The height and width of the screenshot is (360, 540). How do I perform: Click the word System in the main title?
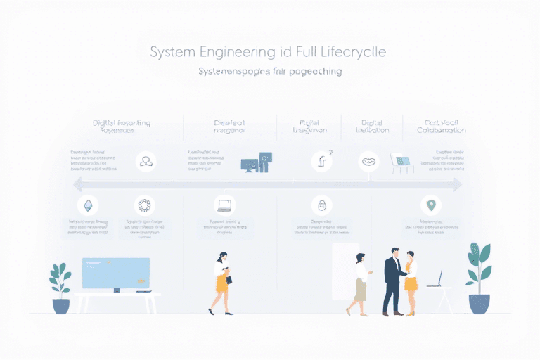tap(174, 53)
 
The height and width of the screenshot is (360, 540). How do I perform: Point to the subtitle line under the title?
tap(270, 72)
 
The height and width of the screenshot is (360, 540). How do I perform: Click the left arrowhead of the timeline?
tap(77, 184)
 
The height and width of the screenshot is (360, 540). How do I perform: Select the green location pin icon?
tap(430, 205)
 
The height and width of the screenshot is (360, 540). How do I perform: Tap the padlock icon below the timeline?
tap(321, 205)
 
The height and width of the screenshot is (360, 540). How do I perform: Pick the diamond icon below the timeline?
tap(88, 205)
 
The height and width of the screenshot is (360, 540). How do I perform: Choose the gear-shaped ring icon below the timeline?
tap(144, 205)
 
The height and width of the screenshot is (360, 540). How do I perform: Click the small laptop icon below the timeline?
tap(224, 205)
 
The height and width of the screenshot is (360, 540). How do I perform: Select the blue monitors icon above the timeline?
tap(256, 162)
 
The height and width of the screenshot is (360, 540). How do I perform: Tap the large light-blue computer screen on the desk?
tap(115, 274)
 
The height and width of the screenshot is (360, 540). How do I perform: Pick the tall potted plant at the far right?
tap(480, 278)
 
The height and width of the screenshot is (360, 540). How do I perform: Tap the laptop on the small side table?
tap(436, 280)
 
